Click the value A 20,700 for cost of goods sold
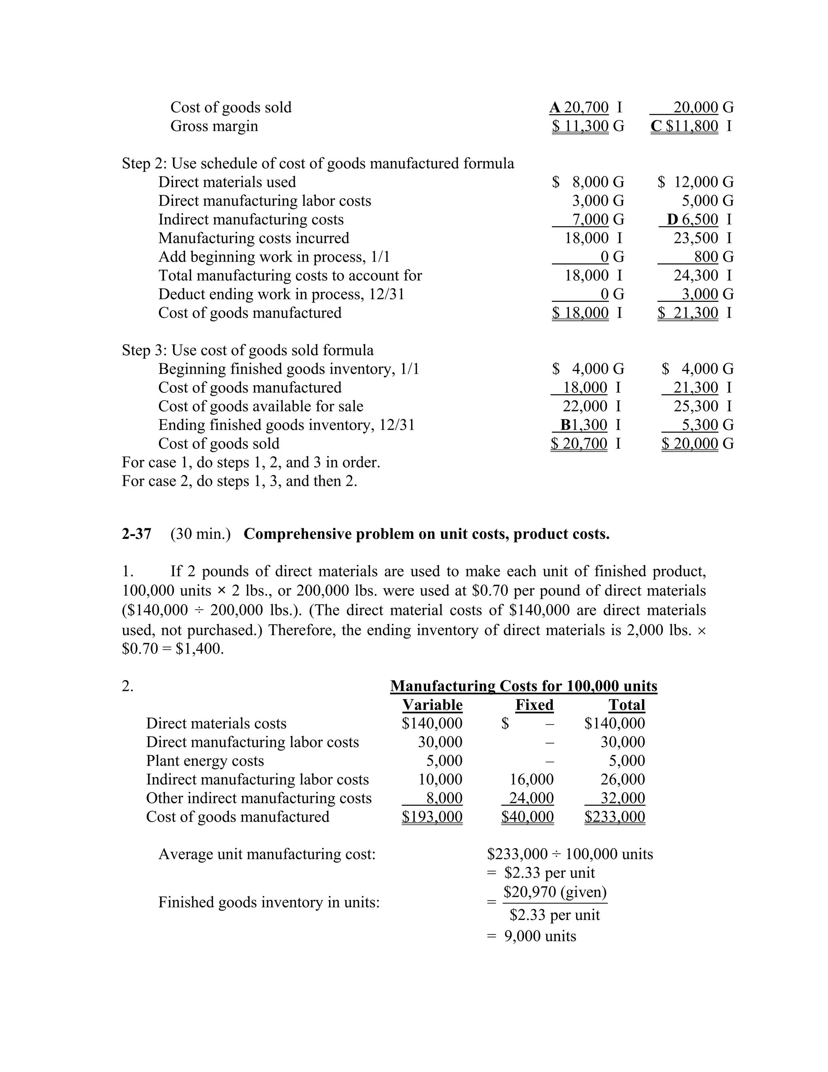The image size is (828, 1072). pos(579,107)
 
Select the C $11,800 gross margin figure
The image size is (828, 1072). pos(685,126)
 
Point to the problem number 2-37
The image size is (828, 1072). pos(136,534)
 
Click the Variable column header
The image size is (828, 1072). pos(432,705)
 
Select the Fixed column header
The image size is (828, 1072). pos(534,705)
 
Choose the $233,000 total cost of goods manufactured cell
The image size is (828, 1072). pos(615,817)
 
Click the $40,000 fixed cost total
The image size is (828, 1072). pos(527,817)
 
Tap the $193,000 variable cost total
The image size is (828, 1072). pos(432,817)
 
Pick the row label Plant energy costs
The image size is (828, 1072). pos(205,761)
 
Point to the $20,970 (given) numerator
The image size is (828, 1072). pos(555,892)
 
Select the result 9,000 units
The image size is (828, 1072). pos(540,936)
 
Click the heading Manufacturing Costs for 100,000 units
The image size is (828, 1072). pos(524,686)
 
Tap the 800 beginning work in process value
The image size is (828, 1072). pos(706,257)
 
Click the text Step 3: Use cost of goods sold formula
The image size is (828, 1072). pos(248,350)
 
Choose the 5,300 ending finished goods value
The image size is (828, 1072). pos(699,425)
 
